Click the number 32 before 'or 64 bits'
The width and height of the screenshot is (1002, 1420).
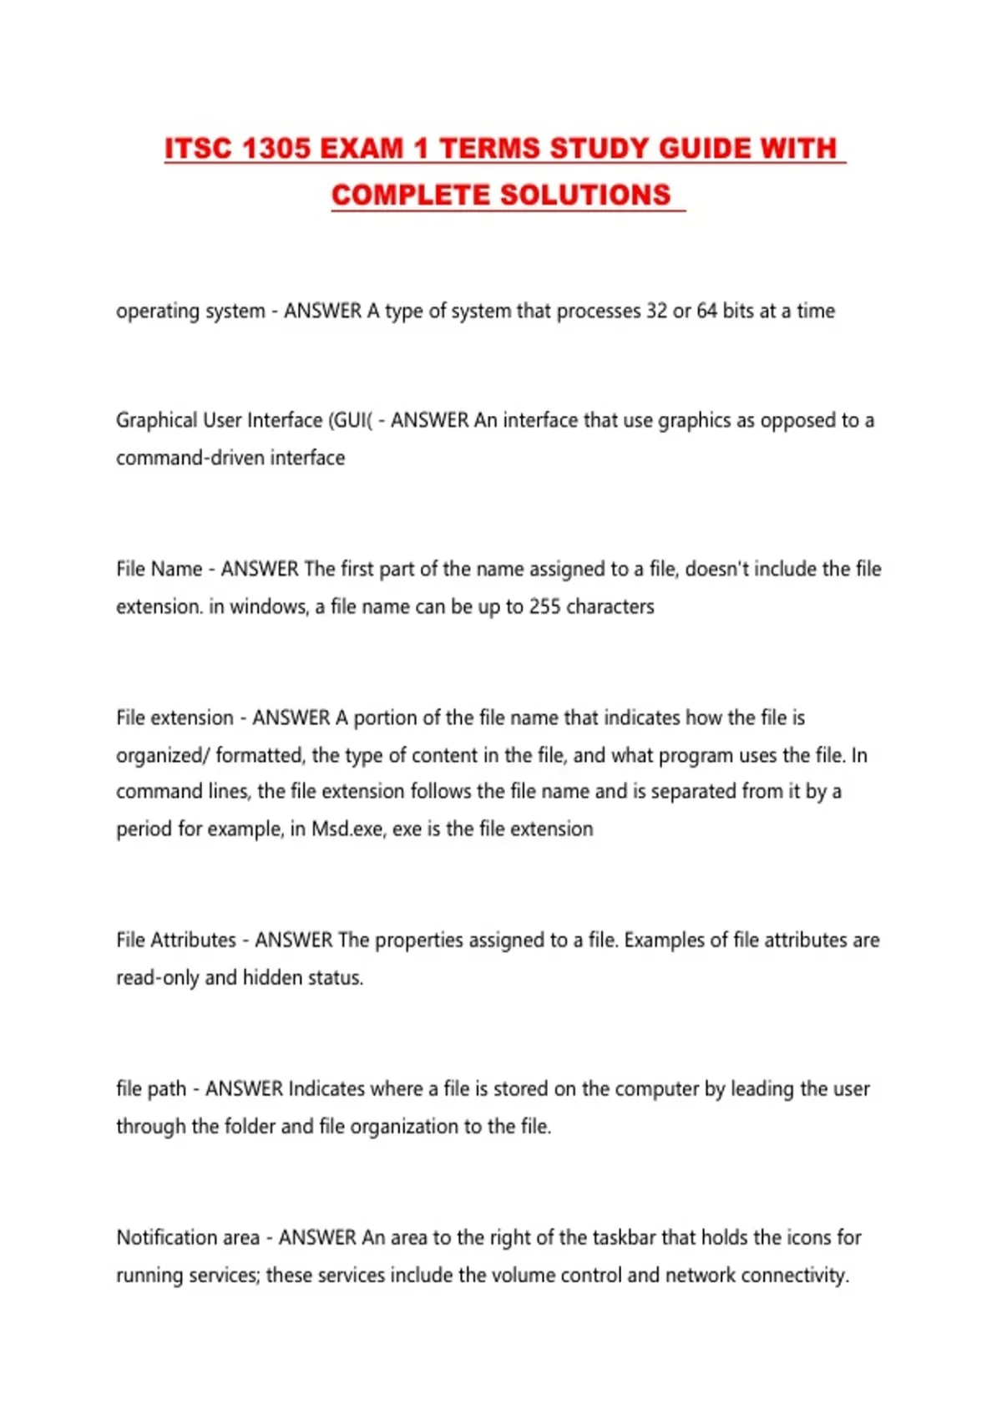tap(656, 311)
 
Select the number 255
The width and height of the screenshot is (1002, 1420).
tap(544, 606)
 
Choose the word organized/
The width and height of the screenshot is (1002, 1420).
tap(163, 755)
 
